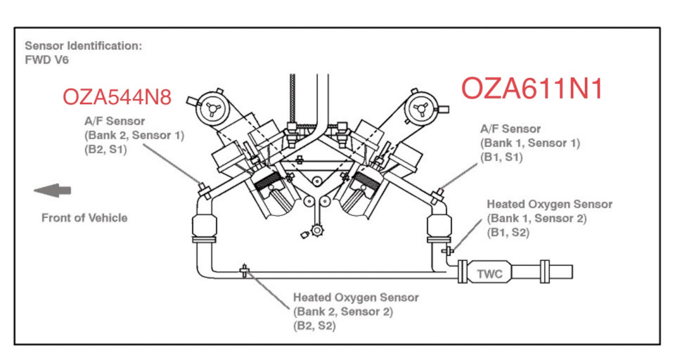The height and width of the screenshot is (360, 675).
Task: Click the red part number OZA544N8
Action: [117, 97]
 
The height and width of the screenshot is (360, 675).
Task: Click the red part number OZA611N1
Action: [532, 89]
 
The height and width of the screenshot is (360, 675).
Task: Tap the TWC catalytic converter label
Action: [490, 274]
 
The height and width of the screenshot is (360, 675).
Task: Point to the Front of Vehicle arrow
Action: [53, 191]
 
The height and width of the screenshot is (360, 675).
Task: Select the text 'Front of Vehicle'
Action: [84, 218]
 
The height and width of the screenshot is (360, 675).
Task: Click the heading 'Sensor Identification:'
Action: [83, 46]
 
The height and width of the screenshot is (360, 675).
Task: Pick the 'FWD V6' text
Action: [46, 60]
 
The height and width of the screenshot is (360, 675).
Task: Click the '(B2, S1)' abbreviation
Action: [105, 150]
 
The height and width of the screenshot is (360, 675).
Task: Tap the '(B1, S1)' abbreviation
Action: [501, 157]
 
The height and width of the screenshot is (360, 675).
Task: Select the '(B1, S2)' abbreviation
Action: [508, 233]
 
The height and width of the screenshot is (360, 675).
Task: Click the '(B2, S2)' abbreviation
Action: [314, 326]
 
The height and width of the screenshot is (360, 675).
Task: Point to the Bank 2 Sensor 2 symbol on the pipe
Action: [245, 271]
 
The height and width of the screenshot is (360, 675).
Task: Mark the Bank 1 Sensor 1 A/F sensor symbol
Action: [438, 194]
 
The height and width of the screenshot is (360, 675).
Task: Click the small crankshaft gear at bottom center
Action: [317, 231]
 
